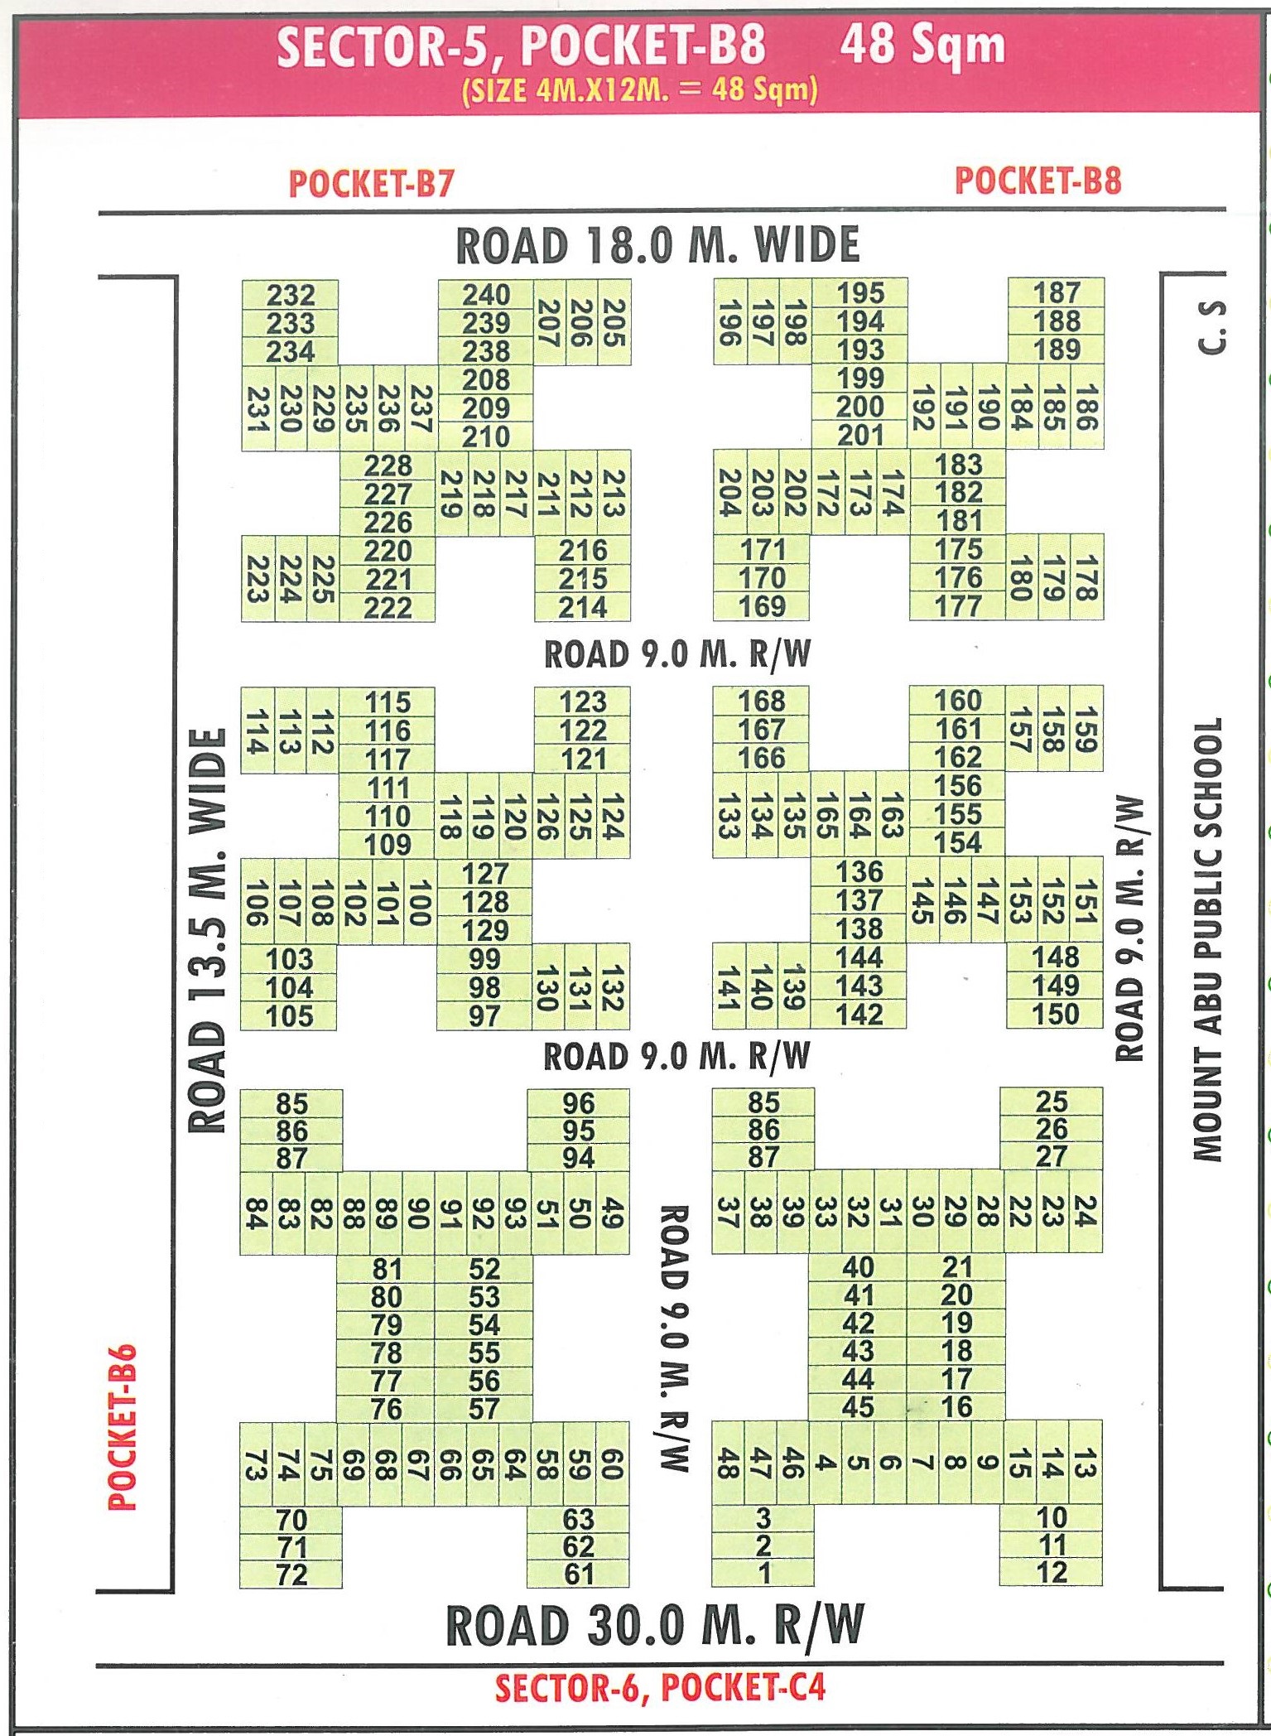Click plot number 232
(x=291, y=295)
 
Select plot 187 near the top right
(x=1057, y=293)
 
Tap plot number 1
(x=763, y=1572)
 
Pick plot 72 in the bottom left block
(x=291, y=1574)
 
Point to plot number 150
(x=1056, y=1015)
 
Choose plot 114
(x=257, y=731)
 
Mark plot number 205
(x=614, y=322)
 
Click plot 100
(x=419, y=902)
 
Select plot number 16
(x=956, y=1406)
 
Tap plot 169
(x=762, y=606)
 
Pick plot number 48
(x=727, y=1463)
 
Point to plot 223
(x=257, y=578)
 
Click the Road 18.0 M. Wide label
(x=658, y=245)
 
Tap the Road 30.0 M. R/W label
(x=655, y=1625)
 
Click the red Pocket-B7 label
(x=371, y=183)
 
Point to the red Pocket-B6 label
(x=123, y=1426)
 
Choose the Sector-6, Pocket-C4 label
(x=660, y=1687)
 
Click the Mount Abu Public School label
(x=1207, y=939)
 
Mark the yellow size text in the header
(x=639, y=89)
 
